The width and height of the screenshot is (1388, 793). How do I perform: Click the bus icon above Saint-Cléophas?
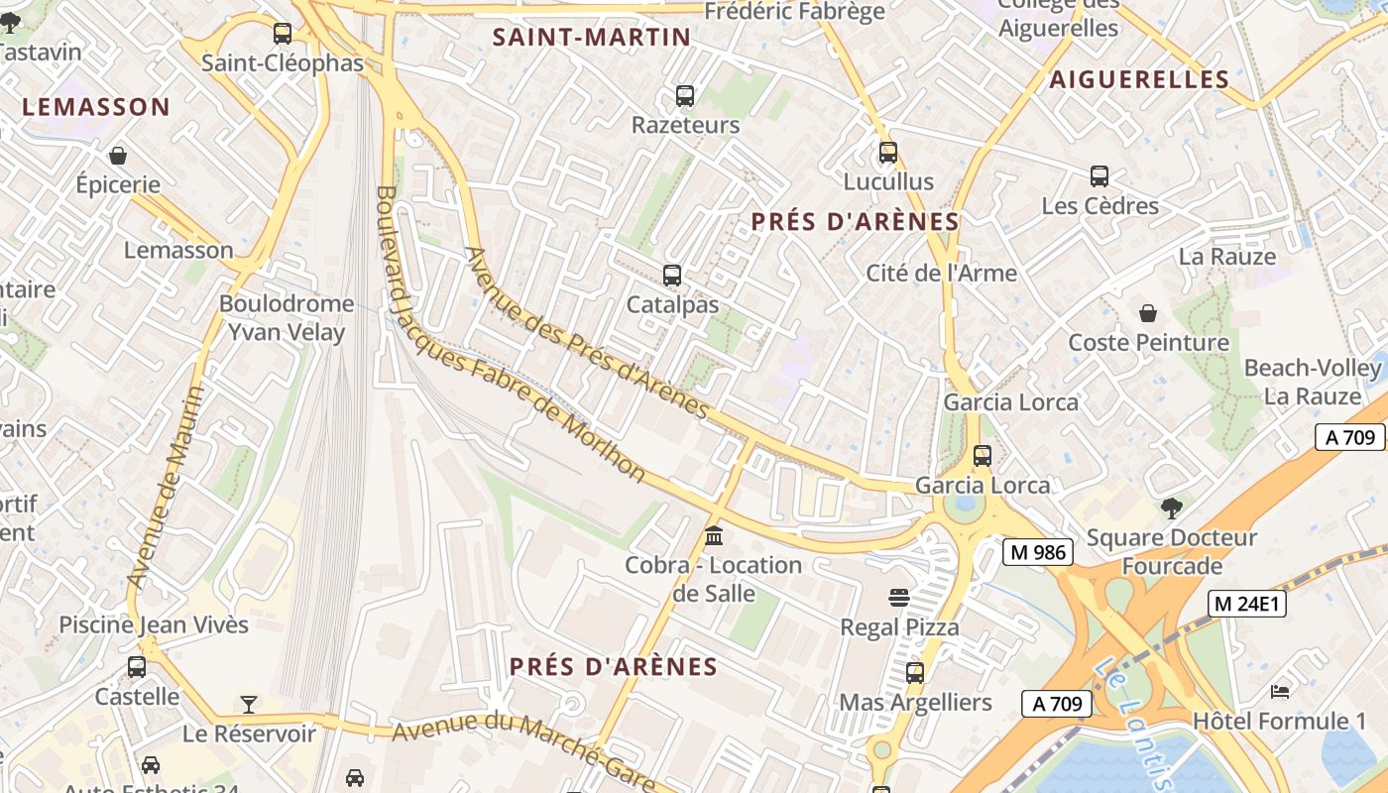(283, 34)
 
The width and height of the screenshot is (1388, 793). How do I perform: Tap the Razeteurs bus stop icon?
(685, 96)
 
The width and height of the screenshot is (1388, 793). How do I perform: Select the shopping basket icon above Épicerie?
(118, 156)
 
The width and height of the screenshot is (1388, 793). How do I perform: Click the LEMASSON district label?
(96, 107)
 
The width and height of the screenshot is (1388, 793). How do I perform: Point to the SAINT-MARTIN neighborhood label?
(592, 38)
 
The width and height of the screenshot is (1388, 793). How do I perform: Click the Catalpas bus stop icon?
(672, 276)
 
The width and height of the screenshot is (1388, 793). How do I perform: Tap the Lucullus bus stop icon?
(888, 153)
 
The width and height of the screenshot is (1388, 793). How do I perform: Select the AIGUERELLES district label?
(1139, 79)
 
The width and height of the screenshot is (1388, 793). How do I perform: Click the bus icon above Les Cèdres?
(1099, 176)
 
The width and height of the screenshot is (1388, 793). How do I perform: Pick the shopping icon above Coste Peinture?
(1148, 313)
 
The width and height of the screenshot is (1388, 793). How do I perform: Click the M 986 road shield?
(1038, 552)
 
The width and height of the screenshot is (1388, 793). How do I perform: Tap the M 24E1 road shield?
(1246, 603)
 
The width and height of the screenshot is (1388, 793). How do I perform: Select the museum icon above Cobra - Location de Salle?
(713, 536)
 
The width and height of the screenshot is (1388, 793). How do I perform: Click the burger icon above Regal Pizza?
(899, 598)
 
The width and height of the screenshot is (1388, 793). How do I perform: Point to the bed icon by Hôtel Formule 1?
(1279, 691)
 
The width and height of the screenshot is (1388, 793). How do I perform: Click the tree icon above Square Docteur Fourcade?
(1171, 509)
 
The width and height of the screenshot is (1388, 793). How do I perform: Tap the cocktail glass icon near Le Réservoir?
(249, 705)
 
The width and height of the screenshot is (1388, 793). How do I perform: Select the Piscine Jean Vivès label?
(154, 624)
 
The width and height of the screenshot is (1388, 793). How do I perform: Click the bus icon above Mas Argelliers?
(915, 673)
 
